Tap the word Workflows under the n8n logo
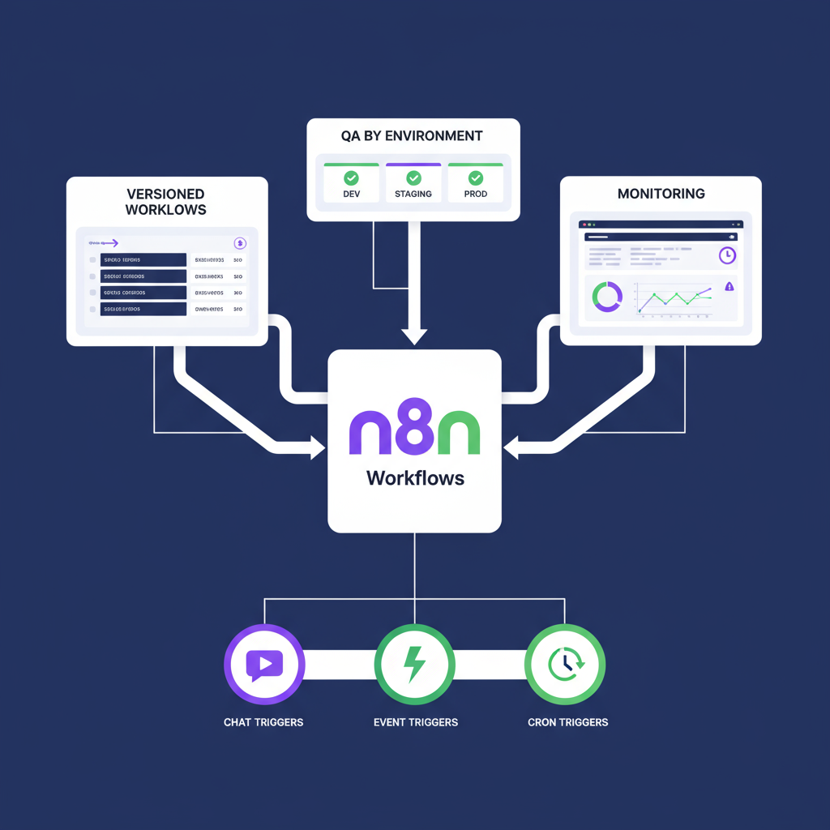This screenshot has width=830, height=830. click(415, 477)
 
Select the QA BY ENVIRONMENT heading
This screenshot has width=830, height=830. click(413, 135)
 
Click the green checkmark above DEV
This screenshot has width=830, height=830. click(351, 177)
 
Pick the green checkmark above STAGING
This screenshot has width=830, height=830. click(413, 177)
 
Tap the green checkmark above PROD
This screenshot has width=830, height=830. click(475, 177)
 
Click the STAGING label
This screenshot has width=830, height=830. click(413, 195)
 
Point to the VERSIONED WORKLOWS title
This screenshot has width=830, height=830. click(166, 202)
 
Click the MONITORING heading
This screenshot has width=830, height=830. click(661, 194)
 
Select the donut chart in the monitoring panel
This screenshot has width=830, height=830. click(607, 297)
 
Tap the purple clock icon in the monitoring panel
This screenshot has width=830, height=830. click(727, 255)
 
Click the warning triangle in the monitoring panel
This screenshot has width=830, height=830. click(729, 286)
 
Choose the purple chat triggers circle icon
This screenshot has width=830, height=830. click(263, 665)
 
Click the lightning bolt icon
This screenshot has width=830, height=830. click(414, 665)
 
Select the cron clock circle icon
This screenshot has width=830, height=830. click(565, 665)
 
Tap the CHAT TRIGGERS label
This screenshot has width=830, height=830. click(263, 721)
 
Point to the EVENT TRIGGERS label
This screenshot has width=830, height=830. click(415, 721)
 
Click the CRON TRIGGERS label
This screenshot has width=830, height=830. click(567, 721)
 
